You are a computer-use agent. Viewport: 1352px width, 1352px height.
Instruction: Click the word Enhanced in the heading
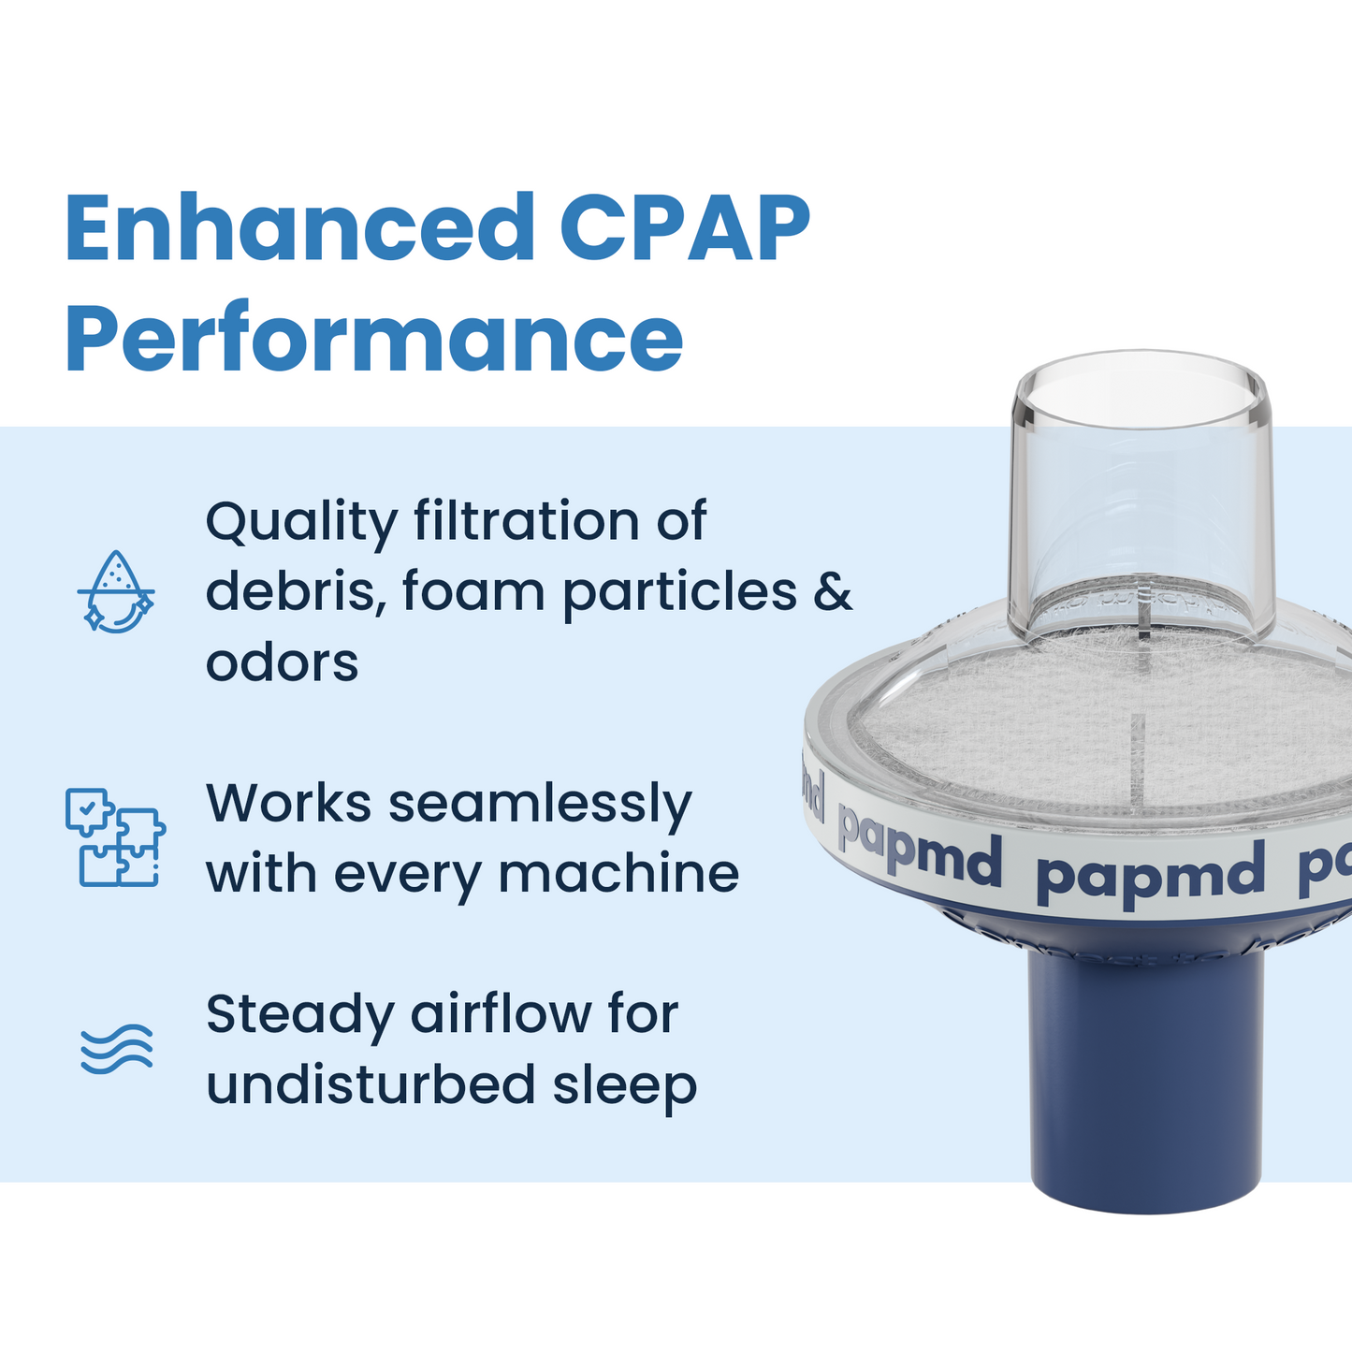point(299,228)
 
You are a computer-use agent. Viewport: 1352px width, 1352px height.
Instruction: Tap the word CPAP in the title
point(685,228)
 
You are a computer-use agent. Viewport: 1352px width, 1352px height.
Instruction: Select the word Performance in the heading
point(374,339)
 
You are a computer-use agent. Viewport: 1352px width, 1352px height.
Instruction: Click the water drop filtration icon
point(115,591)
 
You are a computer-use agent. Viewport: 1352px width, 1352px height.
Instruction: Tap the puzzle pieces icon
point(115,836)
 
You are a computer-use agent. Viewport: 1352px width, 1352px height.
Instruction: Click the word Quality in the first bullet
point(300,522)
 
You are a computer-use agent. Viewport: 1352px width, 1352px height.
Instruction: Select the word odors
point(282,662)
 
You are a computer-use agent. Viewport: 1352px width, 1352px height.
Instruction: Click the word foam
point(473,591)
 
